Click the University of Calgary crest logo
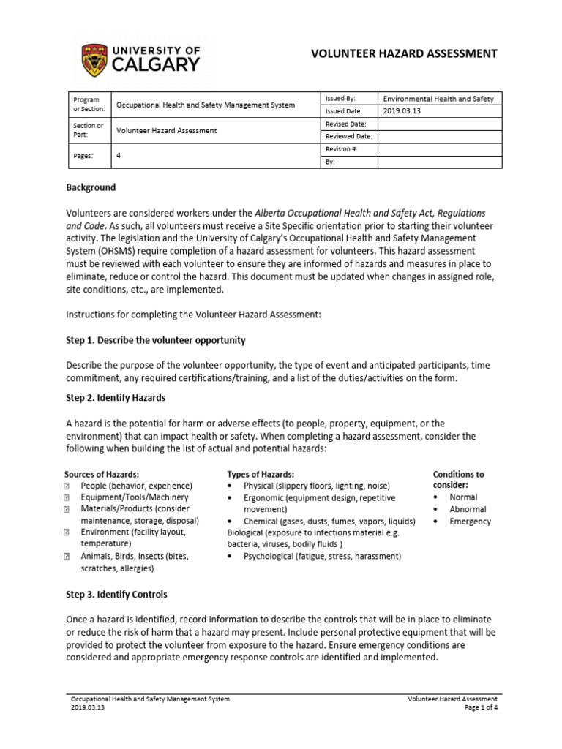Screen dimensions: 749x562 coord(97,57)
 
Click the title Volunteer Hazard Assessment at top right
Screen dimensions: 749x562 coord(405,53)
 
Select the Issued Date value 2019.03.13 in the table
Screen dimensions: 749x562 coord(402,111)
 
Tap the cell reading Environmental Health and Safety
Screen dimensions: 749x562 coord(438,99)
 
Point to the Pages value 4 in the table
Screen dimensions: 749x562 coord(119,156)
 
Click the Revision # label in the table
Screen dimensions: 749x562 coord(340,149)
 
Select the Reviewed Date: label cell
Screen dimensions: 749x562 coord(348,137)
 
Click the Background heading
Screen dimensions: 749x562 coord(91,188)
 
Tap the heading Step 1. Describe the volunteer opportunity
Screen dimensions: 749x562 coord(156,341)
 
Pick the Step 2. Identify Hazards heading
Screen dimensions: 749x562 coord(116,398)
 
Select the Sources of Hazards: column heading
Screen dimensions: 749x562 coord(102,475)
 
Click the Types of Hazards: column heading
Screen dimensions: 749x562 coord(261,475)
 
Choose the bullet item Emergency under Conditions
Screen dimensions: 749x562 coord(470,522)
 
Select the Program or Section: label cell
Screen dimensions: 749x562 coord(89,105)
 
